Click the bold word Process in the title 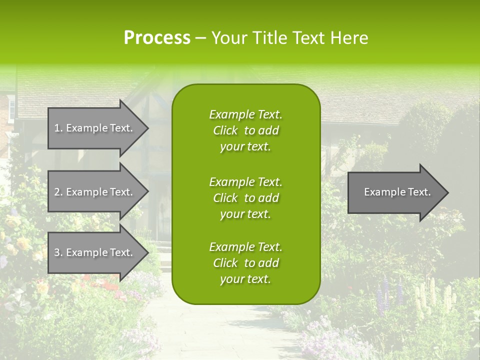[x=157, y=38]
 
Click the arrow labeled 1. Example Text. [x=95, y=128]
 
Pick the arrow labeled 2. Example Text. [x=95, y=192]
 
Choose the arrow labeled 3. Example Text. [x=95, y=252]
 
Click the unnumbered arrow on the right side [x=395, y=192]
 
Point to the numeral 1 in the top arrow [x=57, y=128]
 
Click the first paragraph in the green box [x=246, y=130]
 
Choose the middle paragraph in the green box [x=246, y=197]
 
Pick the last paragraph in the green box [x=246, y=263]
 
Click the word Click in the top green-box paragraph [x=225, y=130]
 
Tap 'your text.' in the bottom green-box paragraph [x=245, y=279]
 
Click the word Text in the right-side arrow [x=419, y=192]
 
